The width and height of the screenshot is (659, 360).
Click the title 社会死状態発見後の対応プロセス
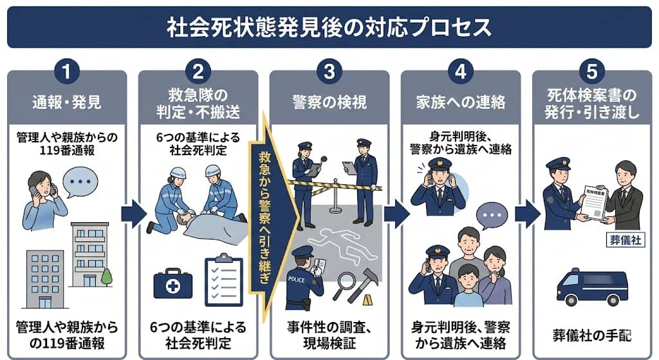(x=329, y=27)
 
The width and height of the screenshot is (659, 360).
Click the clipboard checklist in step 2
(x=223, y=281)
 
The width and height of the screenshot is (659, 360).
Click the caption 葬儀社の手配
(x=591, y=335)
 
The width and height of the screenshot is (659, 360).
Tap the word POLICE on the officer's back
(x=297, y=280)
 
